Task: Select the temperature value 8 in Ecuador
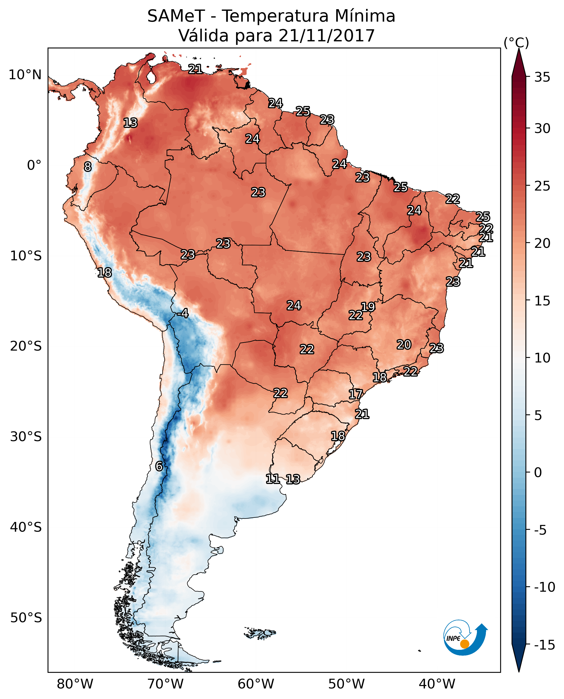88,167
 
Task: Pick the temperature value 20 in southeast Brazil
404,344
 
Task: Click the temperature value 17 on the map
356,394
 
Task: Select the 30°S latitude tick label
26,437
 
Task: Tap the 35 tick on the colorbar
542,77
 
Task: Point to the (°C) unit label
516,42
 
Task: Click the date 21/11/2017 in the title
327,35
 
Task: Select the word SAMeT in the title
176,16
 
